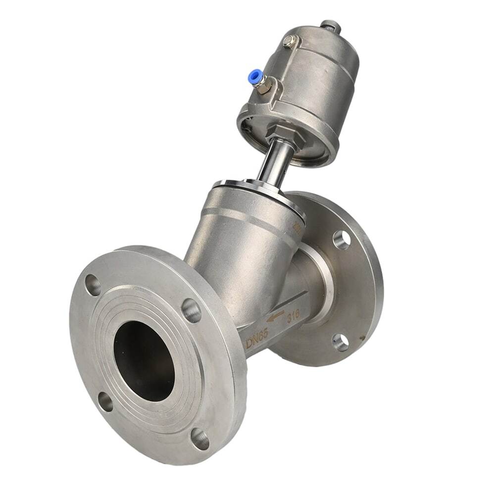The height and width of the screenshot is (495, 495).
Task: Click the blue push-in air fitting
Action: tap(255, 78)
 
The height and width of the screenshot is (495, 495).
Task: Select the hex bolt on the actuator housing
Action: tap(291, 41)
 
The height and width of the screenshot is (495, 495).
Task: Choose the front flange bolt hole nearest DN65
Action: tap(192, 310)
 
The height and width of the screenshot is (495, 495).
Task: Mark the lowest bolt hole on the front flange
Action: tap(200, 438)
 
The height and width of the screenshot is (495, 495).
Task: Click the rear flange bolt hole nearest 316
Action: tap(340, 342)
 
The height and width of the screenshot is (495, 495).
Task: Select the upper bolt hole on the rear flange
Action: tap(342, 239)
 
